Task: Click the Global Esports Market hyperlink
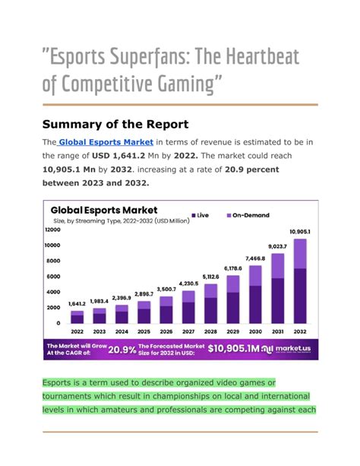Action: tap(106, 141)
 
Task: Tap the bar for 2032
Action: tap(299, 281)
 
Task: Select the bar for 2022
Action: tap(77, 318)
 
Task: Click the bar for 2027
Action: tap(188, 307)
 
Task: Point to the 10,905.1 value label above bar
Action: tap(299, 231)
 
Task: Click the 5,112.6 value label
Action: tap(210, 277)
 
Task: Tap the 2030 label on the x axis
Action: tap(255, 331)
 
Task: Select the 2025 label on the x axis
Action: tap(144, 331)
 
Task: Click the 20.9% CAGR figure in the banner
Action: tap(122, 349)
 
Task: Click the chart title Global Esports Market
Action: tap(103, 209)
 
